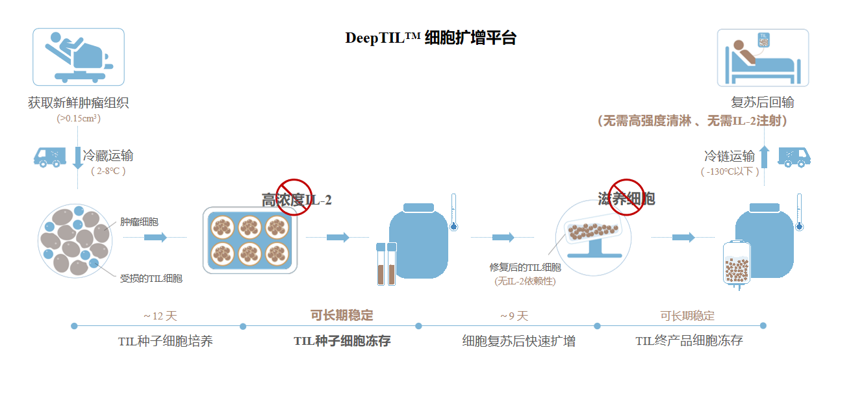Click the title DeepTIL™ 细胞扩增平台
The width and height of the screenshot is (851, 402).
[430, 38]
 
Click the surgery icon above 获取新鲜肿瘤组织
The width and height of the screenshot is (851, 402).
[79, 57]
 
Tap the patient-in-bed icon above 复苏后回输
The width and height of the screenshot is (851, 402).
[763, 58]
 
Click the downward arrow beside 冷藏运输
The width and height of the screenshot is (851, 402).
[78, 158]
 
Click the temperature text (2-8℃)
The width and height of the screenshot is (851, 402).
[108, 171]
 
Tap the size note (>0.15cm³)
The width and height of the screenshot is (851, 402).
[79, 118]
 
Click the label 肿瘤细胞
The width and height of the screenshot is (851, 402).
[139, 221]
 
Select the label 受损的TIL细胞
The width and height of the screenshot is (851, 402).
[151, 278]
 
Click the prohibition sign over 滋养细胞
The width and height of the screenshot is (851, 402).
[626, 196]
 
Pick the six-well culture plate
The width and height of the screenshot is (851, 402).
[250, 240]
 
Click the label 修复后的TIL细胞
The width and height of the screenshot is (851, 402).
[525, 267]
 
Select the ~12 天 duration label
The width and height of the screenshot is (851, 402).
[160, 316]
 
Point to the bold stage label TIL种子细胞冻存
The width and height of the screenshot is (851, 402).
[342, 340]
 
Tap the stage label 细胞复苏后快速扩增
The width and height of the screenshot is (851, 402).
[518, 340]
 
